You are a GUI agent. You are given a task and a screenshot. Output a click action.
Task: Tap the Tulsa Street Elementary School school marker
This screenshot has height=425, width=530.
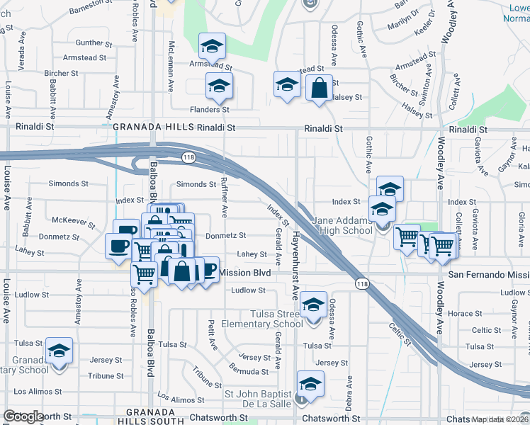(x=313, y=305)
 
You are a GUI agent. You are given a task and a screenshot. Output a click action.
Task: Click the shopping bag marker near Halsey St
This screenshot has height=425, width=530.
(x=320, y=89)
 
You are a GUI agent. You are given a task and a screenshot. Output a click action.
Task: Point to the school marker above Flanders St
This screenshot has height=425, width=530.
(x=219, y=86)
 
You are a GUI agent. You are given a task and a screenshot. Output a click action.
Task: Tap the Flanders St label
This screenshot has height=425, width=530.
(x=210, y=110)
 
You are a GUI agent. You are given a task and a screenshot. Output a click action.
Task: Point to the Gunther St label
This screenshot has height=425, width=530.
(x=89, y=43)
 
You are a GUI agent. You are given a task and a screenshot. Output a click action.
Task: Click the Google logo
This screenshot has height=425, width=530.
(x=24, y=416)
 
